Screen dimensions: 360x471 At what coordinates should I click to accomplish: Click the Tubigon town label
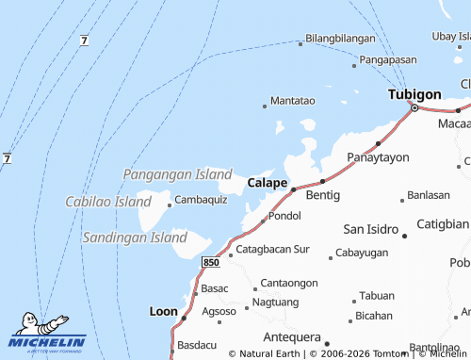[414, 94]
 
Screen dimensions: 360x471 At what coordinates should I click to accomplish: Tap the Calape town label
[268, 182]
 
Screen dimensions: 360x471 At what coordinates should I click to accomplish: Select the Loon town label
[163, 310]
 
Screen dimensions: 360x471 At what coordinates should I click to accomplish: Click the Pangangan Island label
[177, 174]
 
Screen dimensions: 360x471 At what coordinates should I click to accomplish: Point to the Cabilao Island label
[107, 202]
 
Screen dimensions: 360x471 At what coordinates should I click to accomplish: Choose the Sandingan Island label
[135, 237]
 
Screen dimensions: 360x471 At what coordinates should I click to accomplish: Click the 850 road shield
[211, 260]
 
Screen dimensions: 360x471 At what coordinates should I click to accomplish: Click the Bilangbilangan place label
[340, 40]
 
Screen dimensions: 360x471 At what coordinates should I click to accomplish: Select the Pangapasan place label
[388, 59]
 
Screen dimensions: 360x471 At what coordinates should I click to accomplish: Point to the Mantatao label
[292, 100]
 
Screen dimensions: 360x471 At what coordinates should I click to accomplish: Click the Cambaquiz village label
[201, 200]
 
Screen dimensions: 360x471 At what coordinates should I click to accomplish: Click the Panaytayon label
[378, 156]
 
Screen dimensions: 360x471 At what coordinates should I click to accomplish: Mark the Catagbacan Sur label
[272, 250]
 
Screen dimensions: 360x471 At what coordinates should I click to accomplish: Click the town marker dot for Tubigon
[413, 108]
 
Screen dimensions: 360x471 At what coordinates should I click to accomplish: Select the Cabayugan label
[362, 253]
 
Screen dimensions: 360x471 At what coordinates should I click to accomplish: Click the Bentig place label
[323, 194]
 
